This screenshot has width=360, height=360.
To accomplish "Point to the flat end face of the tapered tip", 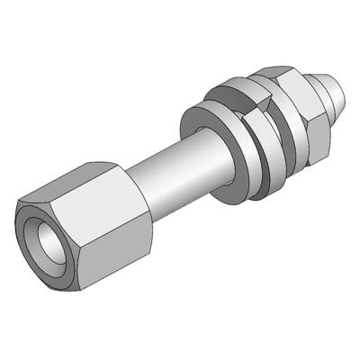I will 339,89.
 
